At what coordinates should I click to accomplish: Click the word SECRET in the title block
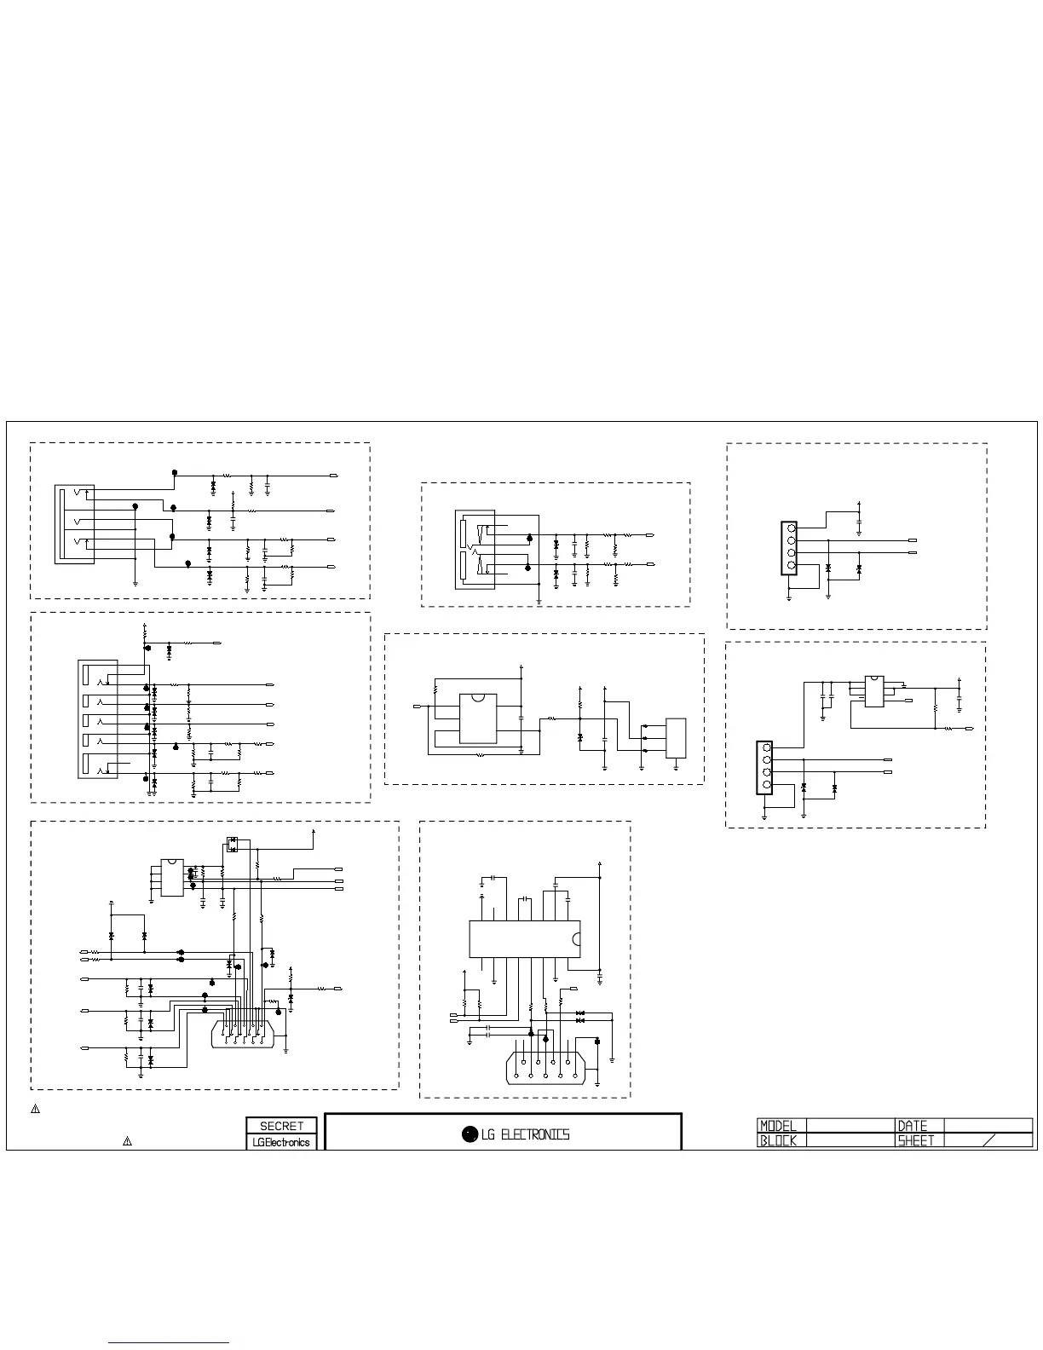(x=281, y=1126)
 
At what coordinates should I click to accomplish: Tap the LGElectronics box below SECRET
(x=281, y=1142)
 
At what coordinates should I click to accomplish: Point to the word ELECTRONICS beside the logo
(x=534, y=1134)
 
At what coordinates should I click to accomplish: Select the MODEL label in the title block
(x=778, y=1126)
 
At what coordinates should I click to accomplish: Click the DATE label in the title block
(x=912, y=1126)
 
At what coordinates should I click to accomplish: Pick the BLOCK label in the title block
(x=778, y=1140)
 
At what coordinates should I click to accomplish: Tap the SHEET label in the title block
(x=915, y=1140)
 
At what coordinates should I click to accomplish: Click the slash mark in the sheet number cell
(x=988, y=1140)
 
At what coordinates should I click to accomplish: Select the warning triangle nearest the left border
(x=36, y=1109)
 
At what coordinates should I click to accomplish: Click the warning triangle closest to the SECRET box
(x=127, y=1140)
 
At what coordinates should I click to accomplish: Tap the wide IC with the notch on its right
(x=525, y=938)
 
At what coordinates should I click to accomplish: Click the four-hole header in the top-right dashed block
(x=790, y=546)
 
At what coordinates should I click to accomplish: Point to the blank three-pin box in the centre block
(x=676, y=738)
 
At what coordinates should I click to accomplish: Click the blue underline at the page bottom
(x=169, y=1343)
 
